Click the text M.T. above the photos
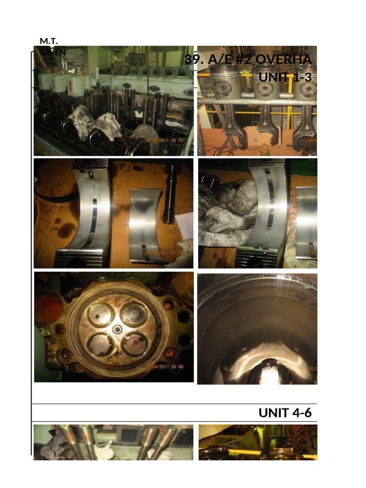pyautogui.click(x=49, y=42)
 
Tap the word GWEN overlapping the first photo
pyautogui.click(x=53, y=52)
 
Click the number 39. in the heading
pyautogui.click(x=194, y=60)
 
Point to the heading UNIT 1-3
pyautogui.click(x=285, y=77)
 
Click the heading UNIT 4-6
pyautogui.click(x=285, y=413)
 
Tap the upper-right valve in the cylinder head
pyautogui.click(x=134, y=314)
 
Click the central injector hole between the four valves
pyautogui.click(x=118, y=329)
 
